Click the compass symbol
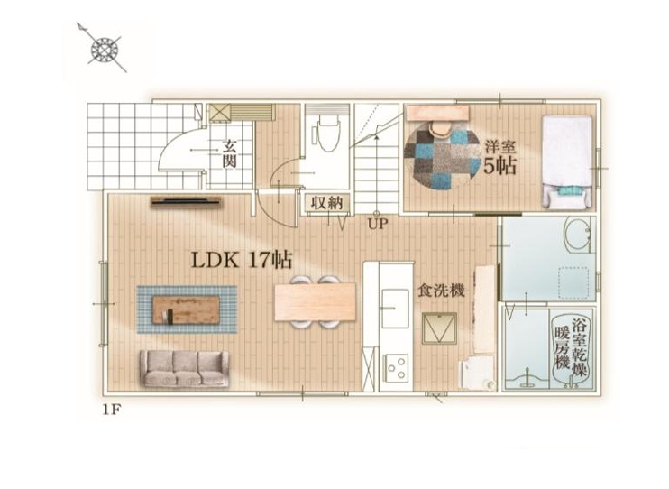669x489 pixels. pyautogui.click(x=104, y=49)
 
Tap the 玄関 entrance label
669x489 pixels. pyautogui.click(x=230, y=154)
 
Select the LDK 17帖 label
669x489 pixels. pyautogui.click(x=242, y=260)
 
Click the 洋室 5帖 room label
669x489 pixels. pyautogui.click(x=500, y=158)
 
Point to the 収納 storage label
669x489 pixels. pyautogui.click(x=326, y=202)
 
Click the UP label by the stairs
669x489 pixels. pyautogui.click(x=378, y=224)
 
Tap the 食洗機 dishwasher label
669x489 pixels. pyautogui.click(x=441, y=291)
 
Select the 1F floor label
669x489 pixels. pyautogui.click(x=112, y=410)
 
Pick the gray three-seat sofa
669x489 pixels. pyautogui.click(x=184, y=369)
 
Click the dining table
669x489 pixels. pyautogui.click(x=315, y=301)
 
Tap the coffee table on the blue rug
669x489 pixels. pyautogui.click(x=187, y=309)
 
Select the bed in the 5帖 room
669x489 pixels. pyautogui.click(x=567, y=162)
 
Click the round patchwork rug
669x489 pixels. pyautogui.click(x=442, y=156)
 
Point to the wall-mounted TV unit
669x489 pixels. pyautogui.click(x=187, y=201)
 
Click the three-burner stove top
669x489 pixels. pyautogui.click(x=396, y=368)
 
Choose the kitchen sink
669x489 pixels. pyautogui.click(x=395, y=308)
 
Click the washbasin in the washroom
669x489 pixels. pyautogui.click(x=578, y=235)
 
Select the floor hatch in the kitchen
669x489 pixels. pyautogui.click(x=439, y=328)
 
